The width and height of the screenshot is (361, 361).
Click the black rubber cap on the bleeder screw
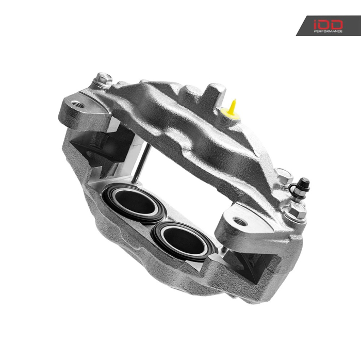305,183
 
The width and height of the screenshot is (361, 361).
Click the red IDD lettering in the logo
328,24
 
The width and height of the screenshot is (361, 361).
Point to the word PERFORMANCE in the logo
328,31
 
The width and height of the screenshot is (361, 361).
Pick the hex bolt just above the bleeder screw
283,176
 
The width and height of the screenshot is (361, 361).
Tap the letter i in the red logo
316,24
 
